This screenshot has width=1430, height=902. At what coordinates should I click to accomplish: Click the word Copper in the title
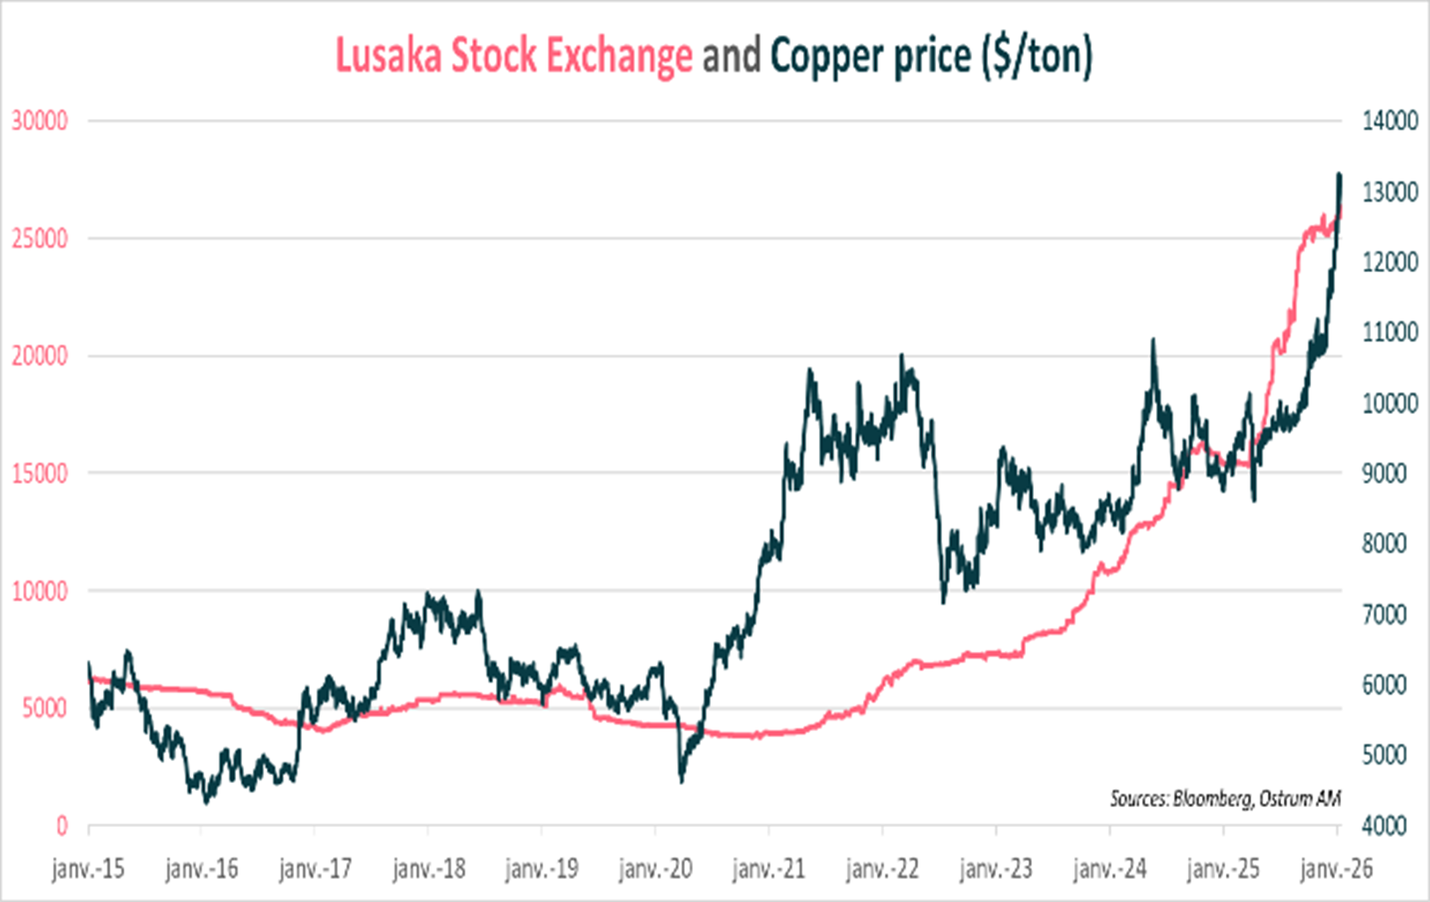coord(826,55)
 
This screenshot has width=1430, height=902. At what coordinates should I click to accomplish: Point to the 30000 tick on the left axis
coord(40,121)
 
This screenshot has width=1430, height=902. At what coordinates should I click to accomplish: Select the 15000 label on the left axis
coord(40,473)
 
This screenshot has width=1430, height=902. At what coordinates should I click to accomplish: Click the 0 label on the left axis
coord(62,825)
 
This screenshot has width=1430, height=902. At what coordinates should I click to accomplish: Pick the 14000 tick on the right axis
coord(1389,121)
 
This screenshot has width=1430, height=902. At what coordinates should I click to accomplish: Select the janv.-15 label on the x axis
coord(88,869)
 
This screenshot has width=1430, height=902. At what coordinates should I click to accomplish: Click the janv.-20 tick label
coord(655,869)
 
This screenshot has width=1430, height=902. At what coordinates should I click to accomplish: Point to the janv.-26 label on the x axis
coord(1337,869)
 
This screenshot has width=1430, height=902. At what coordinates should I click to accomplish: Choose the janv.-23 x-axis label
coord(996,869)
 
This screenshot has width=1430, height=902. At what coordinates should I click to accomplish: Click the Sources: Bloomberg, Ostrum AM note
coord(1225,798)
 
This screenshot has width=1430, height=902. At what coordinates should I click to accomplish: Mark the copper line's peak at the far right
coord(1339,175)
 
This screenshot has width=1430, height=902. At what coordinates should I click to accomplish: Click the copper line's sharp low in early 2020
coord(682,780)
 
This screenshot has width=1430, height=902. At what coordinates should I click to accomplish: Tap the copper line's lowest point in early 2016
coord(207,802)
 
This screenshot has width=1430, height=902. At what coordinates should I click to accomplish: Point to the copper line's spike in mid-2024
coord(1153,340)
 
